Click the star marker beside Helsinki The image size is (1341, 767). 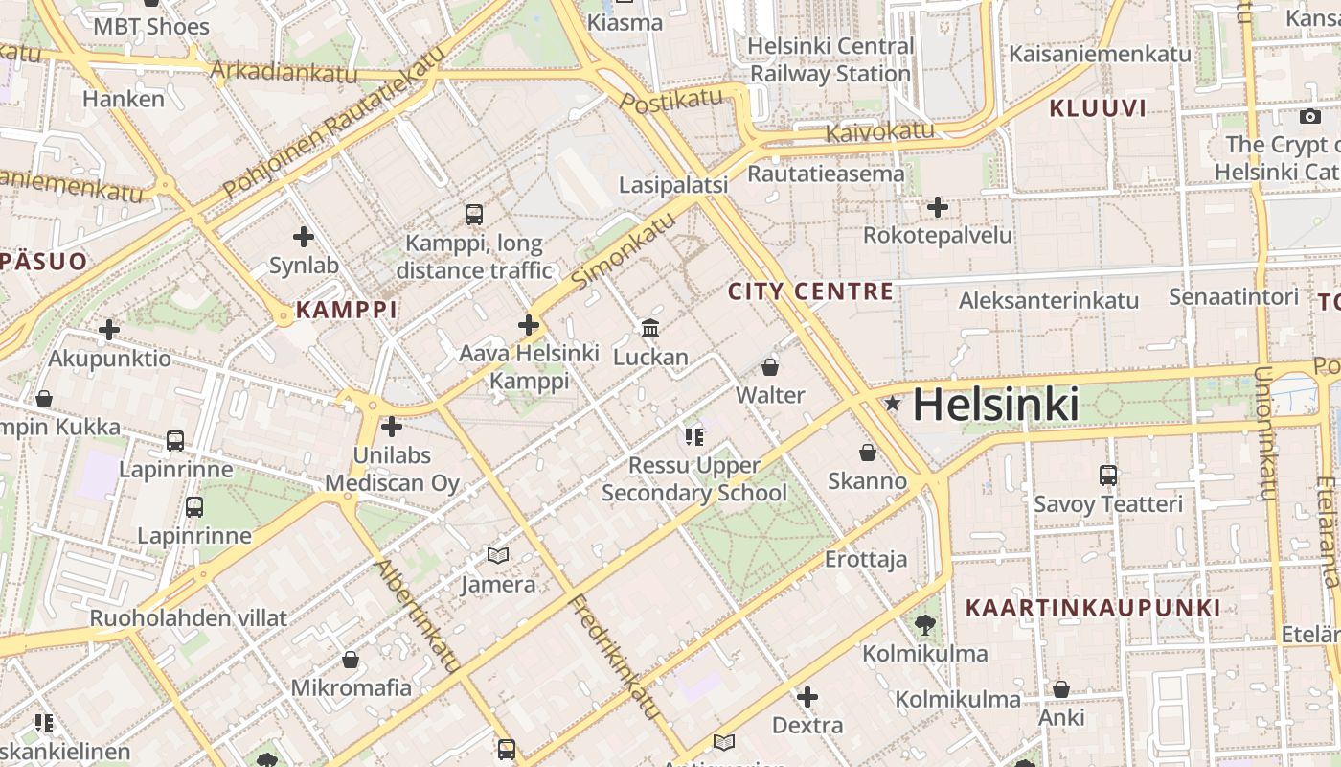click(893, 404)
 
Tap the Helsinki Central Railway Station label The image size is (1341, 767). click(830, 59)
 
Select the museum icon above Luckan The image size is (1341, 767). click(650, 329)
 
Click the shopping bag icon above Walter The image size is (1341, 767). click(770, 366)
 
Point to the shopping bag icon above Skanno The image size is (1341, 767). click(868, 452)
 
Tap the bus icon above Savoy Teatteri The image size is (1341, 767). click(1108, 475)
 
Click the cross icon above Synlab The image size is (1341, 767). click(304, 237)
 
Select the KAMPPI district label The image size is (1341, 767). click(346, 310)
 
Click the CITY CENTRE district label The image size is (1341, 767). click(810, 291)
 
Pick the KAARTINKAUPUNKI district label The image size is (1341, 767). click(1093, 608)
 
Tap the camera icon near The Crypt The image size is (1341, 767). click(1310, 117)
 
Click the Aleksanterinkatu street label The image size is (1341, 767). click(1049, 300)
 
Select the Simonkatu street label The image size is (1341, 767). click(623, 253)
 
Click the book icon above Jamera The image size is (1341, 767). click(498, 555)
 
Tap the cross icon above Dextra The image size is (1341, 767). click(807, 696)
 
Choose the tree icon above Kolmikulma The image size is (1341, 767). click(925, 625)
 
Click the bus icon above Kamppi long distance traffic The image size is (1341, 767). click(474, 214)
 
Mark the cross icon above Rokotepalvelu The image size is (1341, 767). click(938, 207)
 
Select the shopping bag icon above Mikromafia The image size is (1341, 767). click(351, 660)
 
